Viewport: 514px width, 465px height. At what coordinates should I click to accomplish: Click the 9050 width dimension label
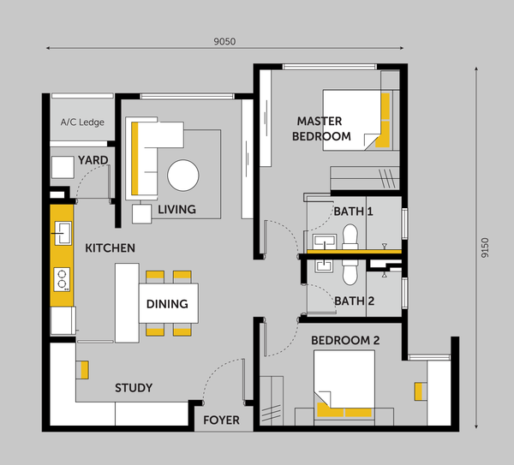point(224,42)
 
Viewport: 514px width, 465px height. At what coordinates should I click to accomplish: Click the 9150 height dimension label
point(485,247)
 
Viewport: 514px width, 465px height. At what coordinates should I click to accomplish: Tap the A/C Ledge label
point(82,122)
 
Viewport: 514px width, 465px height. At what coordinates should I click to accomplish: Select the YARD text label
point(93,160)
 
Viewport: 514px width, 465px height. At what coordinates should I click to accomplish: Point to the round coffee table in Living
point(183,176)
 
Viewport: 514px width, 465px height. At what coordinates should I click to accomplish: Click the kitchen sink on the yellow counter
point(63,233)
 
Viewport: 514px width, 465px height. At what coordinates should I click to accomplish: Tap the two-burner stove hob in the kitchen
point(62,279)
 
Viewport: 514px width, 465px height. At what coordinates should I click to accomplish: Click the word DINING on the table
point(167,304)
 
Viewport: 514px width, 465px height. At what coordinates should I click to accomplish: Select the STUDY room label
point(134,388)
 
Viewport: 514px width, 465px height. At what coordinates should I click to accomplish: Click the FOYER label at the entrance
point(221,420)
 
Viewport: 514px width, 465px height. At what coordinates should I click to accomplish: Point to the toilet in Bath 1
point(350,237)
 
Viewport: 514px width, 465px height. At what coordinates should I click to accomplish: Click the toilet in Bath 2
point(350,272)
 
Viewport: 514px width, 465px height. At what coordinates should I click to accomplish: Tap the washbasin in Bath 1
point(325,241)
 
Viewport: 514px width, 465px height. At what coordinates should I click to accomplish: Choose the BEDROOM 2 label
point(345,341)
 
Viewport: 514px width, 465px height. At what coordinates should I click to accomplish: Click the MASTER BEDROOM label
point(321,128)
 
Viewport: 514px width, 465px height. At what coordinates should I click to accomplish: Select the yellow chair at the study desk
point(84,370)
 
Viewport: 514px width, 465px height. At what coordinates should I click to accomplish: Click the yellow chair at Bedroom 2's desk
point(419,391)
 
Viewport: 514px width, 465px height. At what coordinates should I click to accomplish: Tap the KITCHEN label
point(111,248)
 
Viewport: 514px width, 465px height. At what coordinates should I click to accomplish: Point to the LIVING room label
point(176,210)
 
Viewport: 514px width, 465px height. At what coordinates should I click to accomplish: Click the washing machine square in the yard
point(63,167)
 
